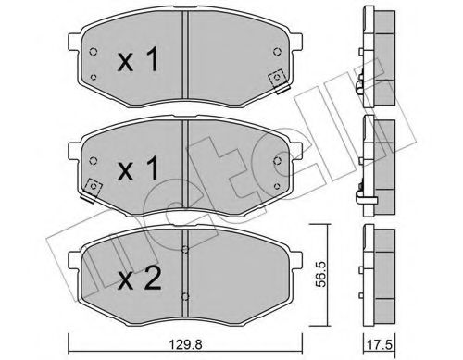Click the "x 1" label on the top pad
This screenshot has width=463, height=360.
(x=139, y=61)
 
